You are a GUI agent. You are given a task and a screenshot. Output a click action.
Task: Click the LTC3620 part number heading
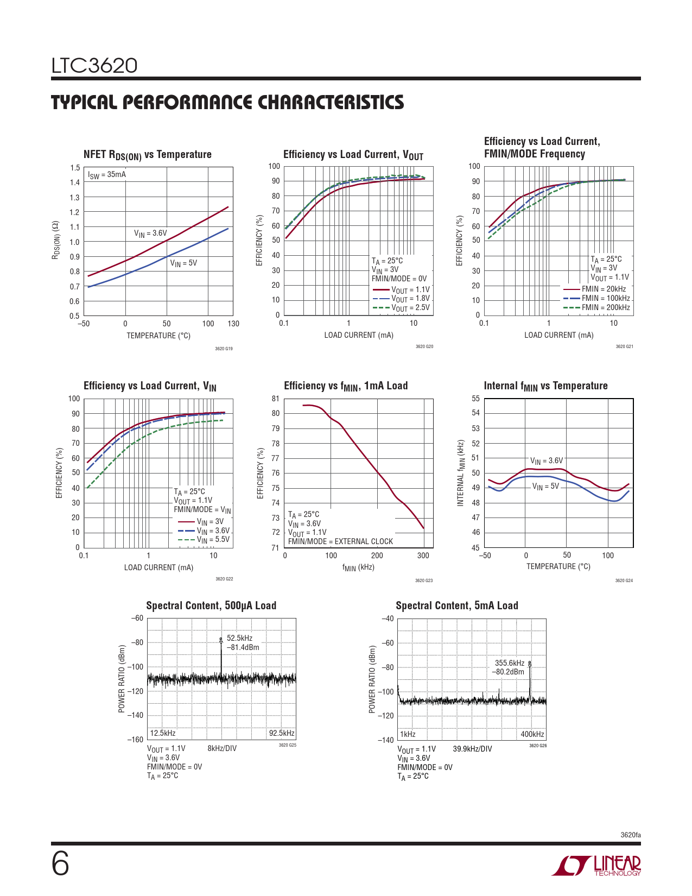(94, 66)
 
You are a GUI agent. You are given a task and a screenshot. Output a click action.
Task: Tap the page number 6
(60, 865)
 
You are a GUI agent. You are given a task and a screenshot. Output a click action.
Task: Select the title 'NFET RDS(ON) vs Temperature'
(147, 155)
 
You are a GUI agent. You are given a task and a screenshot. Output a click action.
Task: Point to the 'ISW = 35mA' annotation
(107, 175)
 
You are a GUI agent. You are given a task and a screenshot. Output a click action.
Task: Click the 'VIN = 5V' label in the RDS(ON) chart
(183, 263)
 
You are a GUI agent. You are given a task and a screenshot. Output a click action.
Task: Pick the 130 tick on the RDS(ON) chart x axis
(233, 324)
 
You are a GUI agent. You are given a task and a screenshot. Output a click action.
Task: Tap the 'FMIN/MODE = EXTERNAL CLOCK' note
(340, 541)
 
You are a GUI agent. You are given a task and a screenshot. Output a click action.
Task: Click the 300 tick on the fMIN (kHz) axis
(423, 556)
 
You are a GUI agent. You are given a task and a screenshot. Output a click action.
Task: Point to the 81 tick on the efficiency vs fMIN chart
(276, 399)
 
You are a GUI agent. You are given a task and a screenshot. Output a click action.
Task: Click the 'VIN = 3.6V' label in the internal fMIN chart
(547, 461)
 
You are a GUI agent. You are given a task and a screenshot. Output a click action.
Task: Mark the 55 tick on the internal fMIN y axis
(475, 399)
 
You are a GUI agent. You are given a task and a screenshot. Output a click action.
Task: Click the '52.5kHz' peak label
(239, 638)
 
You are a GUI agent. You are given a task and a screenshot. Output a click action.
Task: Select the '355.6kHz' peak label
(510, 663)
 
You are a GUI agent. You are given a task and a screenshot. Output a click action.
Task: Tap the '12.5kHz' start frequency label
(163, 733)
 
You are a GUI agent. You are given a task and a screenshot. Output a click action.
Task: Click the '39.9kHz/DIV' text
(472, 749)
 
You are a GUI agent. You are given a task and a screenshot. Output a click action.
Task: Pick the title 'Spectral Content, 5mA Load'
(457, 605)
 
